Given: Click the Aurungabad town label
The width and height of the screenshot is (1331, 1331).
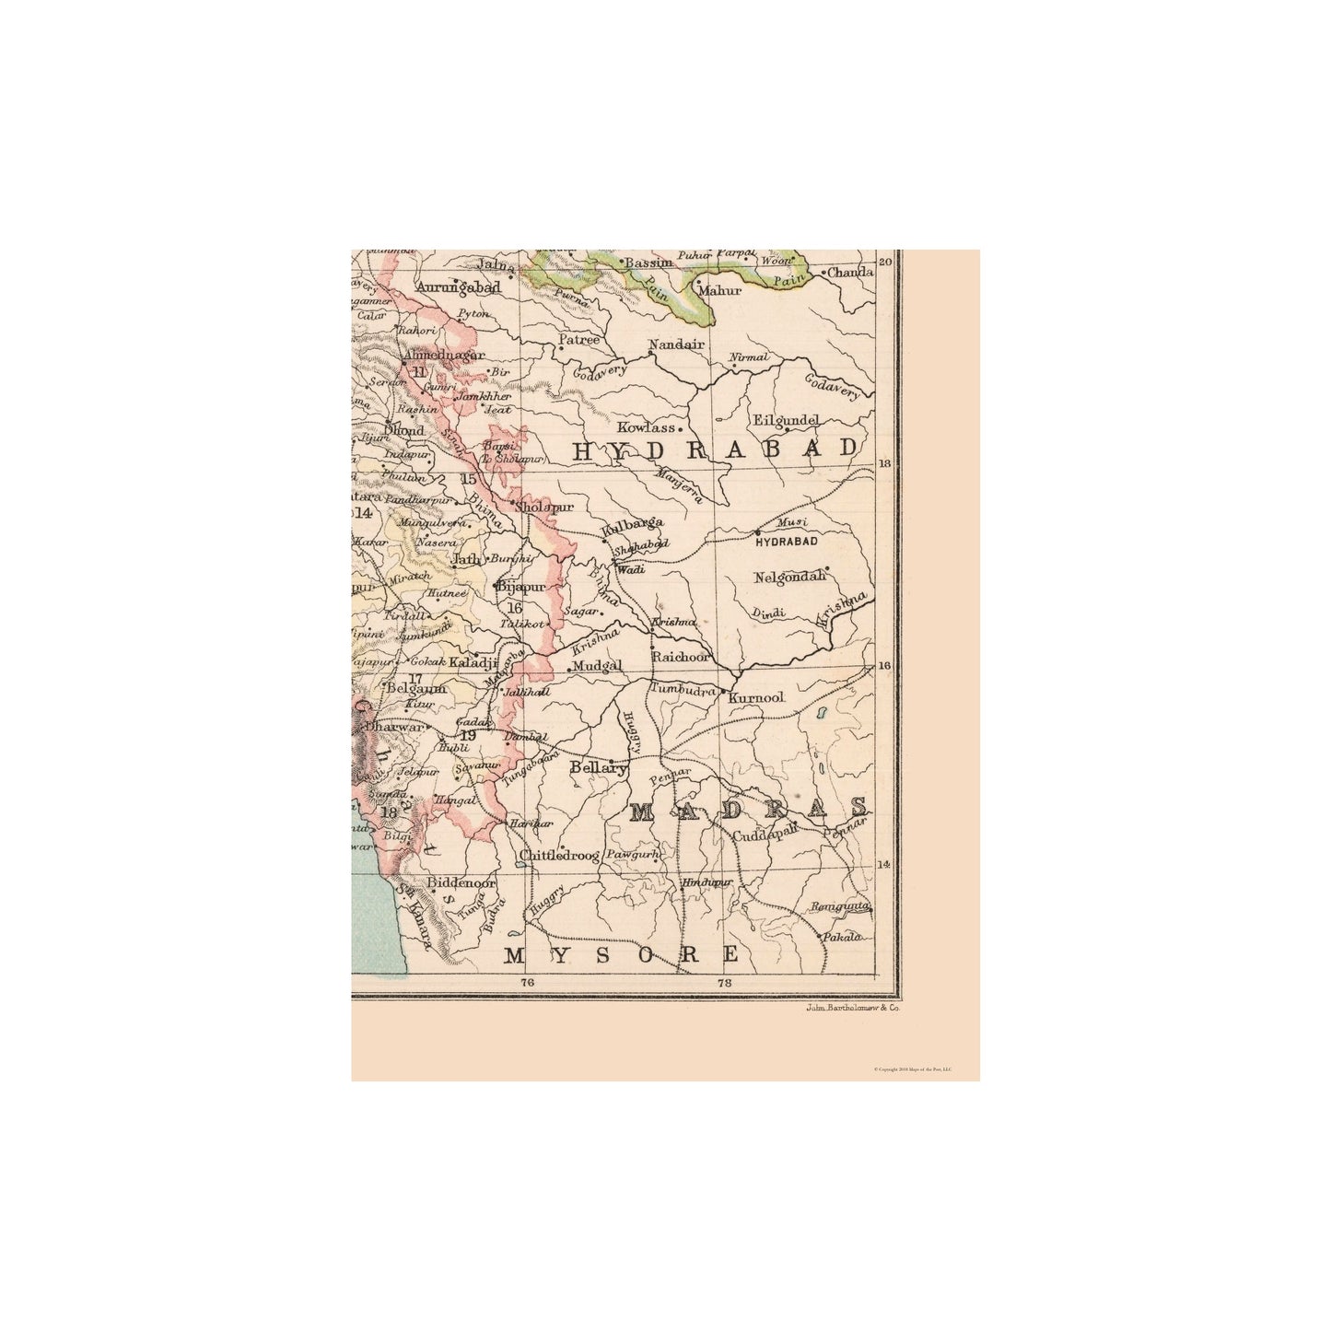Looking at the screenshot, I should coord(458,287).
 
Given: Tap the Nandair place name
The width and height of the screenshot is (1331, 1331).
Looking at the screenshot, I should coord(676,344).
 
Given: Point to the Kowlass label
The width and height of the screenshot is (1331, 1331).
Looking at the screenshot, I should coord(647,427).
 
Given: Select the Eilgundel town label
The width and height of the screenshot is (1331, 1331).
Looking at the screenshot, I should coord(786,420).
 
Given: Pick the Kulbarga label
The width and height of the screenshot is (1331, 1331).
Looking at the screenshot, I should coord(632,523).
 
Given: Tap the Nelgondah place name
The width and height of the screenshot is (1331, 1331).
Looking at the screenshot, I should coord(789,578).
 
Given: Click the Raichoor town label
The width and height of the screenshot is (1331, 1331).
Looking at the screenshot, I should coord(681,658).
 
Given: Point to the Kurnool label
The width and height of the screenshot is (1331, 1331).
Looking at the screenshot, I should coord(755,699).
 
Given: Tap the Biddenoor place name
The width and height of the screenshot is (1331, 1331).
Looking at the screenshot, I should coord(461,882).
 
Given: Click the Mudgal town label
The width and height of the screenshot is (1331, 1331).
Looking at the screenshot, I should coord(598,666).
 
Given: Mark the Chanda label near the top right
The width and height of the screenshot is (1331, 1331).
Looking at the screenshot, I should coord(849,273).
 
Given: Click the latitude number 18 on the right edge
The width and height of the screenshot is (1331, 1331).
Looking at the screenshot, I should coord(887,464).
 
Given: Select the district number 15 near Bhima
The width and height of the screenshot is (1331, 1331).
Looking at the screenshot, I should coord(469,479).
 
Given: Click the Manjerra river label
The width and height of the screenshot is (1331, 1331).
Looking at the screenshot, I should coord(680,485).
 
